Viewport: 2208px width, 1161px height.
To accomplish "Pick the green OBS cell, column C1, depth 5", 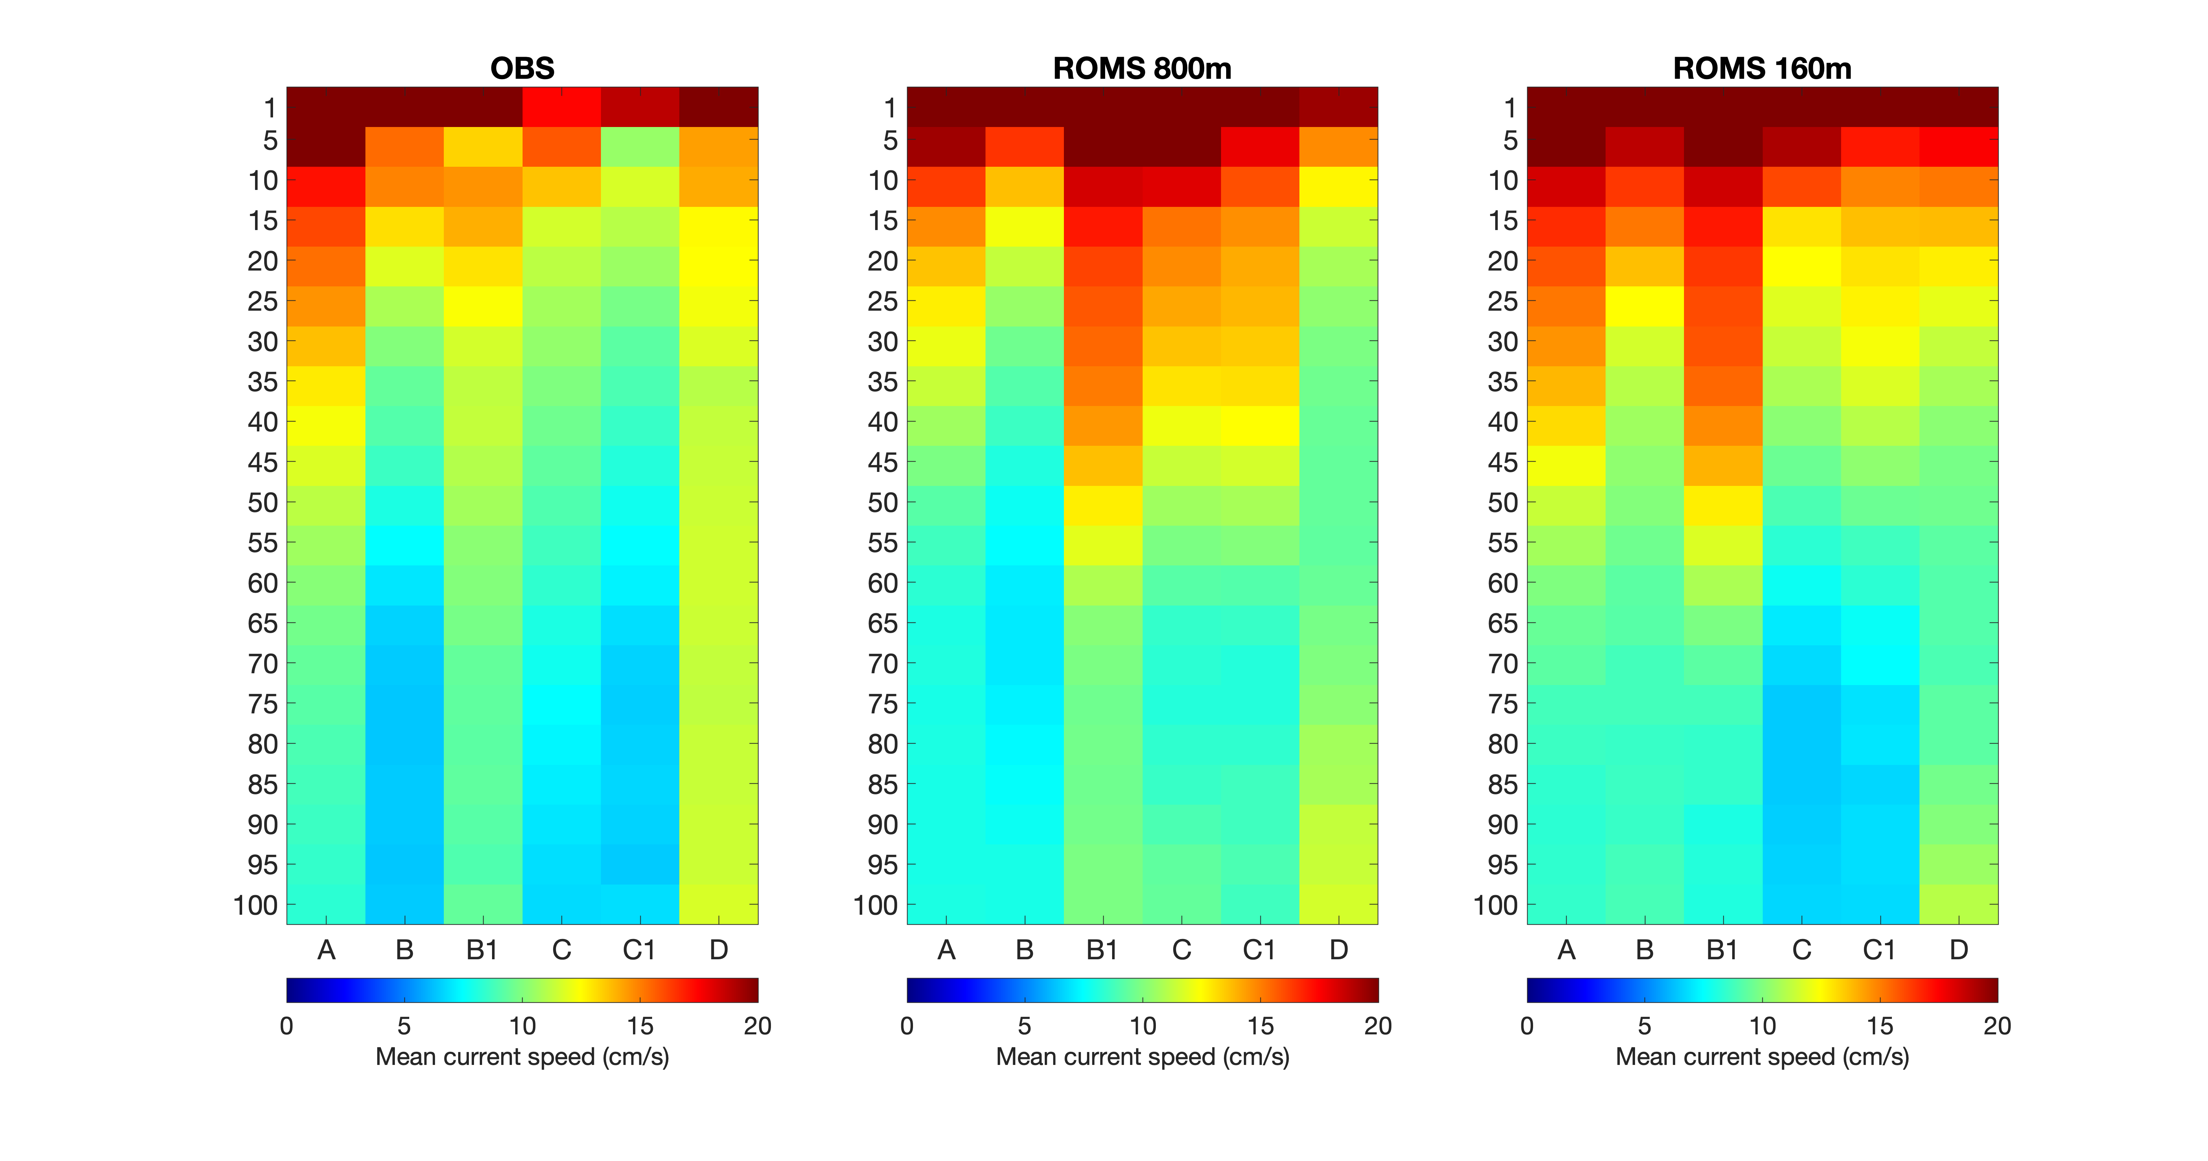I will point(640,147).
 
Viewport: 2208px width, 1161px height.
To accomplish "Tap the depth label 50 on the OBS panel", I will point(262,502).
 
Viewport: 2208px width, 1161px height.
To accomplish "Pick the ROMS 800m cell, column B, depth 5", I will point(1024,147).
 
